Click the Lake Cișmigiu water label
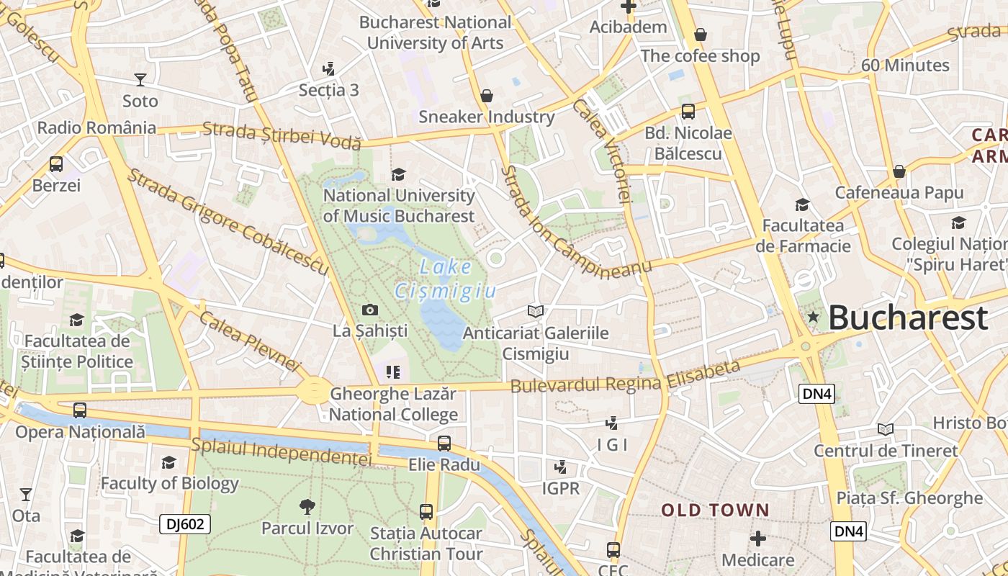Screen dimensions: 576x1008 point(446,279)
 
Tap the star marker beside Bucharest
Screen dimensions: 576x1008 point(814,317)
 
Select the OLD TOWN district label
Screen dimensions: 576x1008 point(716,510)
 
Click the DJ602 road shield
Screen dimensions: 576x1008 point(185,524)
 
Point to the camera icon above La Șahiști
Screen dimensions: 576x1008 point(370,310)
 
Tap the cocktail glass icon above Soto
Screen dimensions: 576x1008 point(140,79)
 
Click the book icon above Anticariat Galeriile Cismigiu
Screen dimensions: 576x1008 point(535,311)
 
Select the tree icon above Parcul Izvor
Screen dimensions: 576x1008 point(307,507)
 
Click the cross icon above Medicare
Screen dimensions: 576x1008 point(757,539)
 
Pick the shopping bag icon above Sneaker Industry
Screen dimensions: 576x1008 point(487,96)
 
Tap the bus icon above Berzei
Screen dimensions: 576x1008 point(56,164)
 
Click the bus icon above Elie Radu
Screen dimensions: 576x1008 point(444,444)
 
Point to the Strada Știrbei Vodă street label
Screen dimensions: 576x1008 point(282,135)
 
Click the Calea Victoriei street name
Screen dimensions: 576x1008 point(602,150)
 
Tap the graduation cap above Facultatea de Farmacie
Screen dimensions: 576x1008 point(802,205)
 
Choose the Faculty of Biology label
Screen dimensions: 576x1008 point(169,483)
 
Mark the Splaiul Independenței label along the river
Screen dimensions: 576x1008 point(282,451)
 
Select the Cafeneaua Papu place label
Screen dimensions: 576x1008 point(899,192)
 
